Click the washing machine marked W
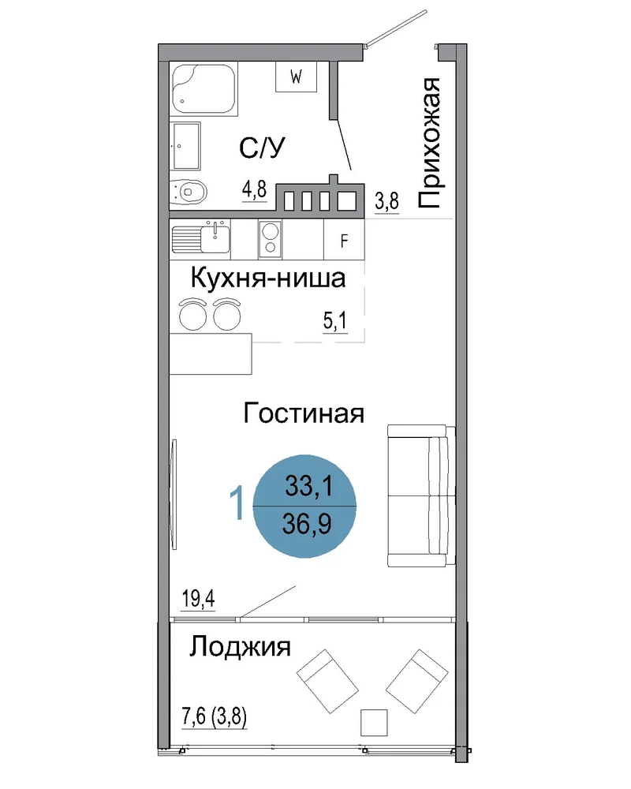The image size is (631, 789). tap(296, 77)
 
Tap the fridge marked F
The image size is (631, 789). tap(344, 241)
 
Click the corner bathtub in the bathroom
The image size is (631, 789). tap(203, 89)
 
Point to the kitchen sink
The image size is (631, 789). tap(201, 238)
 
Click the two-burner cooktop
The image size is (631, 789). tap(271, 240)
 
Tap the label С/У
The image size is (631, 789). tap(262, 148)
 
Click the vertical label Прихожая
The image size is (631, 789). tap(430, 144)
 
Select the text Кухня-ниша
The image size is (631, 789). tap(268, 279)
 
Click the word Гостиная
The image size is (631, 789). tap(304, 413)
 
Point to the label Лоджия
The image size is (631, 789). tap(240, 647)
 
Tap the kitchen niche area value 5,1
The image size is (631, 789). tap(335, 320)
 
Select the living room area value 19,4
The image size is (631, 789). tap(198, 599)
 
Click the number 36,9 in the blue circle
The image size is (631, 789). tap(307, 524)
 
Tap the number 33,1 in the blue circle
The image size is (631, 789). tap(308, 486)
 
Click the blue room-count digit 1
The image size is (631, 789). tap(237, 502)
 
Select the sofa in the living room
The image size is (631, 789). tap(421, 495)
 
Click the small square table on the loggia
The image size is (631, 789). tap(374, 723)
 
